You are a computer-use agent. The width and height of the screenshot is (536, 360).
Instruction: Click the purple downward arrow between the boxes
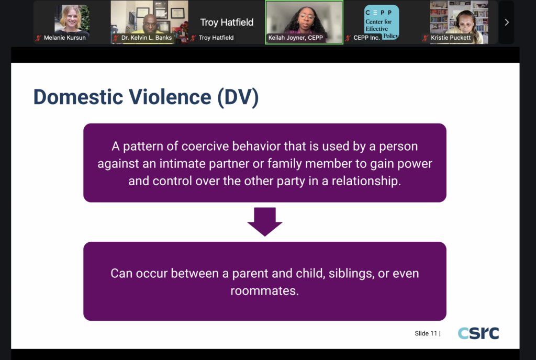265,221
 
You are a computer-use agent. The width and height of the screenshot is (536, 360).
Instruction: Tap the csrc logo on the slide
478,333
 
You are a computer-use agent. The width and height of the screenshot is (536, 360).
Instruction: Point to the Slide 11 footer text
427,333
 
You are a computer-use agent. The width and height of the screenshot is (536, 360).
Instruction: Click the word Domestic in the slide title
79,97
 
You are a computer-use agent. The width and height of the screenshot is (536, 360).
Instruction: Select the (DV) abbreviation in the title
238,98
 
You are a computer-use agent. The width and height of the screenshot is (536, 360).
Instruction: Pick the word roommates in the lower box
264,290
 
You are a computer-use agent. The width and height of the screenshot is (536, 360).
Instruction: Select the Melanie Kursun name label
64,38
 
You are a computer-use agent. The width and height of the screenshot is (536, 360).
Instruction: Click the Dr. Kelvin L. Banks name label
147,38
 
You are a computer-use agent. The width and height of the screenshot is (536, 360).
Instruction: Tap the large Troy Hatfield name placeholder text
227,22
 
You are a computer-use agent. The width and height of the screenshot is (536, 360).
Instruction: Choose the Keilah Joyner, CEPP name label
295,38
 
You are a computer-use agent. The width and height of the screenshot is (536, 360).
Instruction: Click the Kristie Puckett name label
451,38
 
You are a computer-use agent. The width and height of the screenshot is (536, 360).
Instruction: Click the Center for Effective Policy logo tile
382,22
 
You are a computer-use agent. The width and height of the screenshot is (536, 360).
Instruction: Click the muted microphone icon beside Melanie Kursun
38,38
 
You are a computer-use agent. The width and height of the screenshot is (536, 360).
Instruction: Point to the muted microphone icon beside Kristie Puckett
425,38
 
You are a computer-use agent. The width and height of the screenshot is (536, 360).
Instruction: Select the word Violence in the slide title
170,97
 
